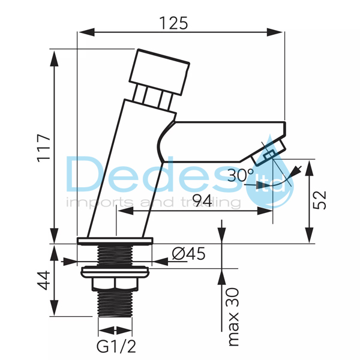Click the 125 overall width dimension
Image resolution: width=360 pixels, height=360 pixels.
[173, 23]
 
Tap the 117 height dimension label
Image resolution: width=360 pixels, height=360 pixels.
[44, 149]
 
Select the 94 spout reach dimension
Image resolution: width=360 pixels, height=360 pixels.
[202, 200]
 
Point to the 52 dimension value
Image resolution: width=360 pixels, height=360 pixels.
[319, 200]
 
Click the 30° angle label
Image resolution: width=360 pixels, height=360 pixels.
[241, 176]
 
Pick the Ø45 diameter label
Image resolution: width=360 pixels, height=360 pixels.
[189, 254]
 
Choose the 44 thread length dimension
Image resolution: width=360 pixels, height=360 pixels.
[44, 280]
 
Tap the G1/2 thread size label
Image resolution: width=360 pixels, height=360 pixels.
[116, 346]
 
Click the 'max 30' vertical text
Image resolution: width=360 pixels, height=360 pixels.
[233, 317]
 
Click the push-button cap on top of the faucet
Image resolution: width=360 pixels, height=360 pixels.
[160, 72]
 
